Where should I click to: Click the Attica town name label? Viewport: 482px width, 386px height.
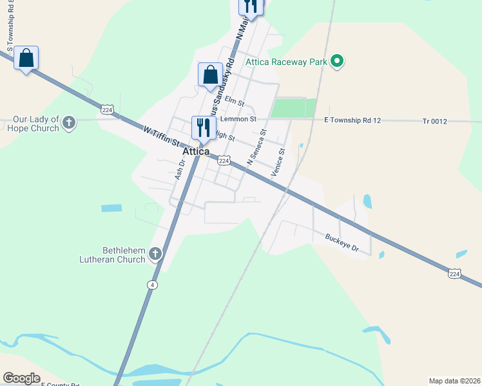point(197,151)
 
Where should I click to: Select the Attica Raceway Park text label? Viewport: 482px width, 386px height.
point(287,62)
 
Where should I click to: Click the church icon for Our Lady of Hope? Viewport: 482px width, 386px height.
point(70,122)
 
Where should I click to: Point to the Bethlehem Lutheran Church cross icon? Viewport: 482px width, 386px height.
point(155,255)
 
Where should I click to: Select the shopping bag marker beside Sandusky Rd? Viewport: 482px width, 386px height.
point(211,74)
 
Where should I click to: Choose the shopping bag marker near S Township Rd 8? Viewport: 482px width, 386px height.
point(26,58)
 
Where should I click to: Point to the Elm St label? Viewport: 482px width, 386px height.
point(235,102)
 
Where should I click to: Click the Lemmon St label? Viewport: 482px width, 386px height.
point(238,119)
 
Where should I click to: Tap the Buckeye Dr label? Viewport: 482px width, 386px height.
point(341,242)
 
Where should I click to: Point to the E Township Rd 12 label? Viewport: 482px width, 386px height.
point(353,120)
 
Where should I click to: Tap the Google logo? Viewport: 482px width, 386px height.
point(21,378)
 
